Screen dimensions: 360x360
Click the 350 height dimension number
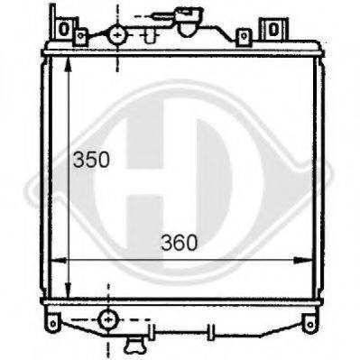[90, 161]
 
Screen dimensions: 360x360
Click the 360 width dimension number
[180, 242]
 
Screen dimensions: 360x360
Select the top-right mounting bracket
[272, 30]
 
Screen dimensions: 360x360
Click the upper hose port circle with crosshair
[117, 35]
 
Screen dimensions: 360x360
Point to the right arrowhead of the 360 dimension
[307, 260]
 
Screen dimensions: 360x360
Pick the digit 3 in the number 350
[78, 161]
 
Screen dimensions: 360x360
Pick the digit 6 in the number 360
[180, 242]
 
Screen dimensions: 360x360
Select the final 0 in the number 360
[192, 242]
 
